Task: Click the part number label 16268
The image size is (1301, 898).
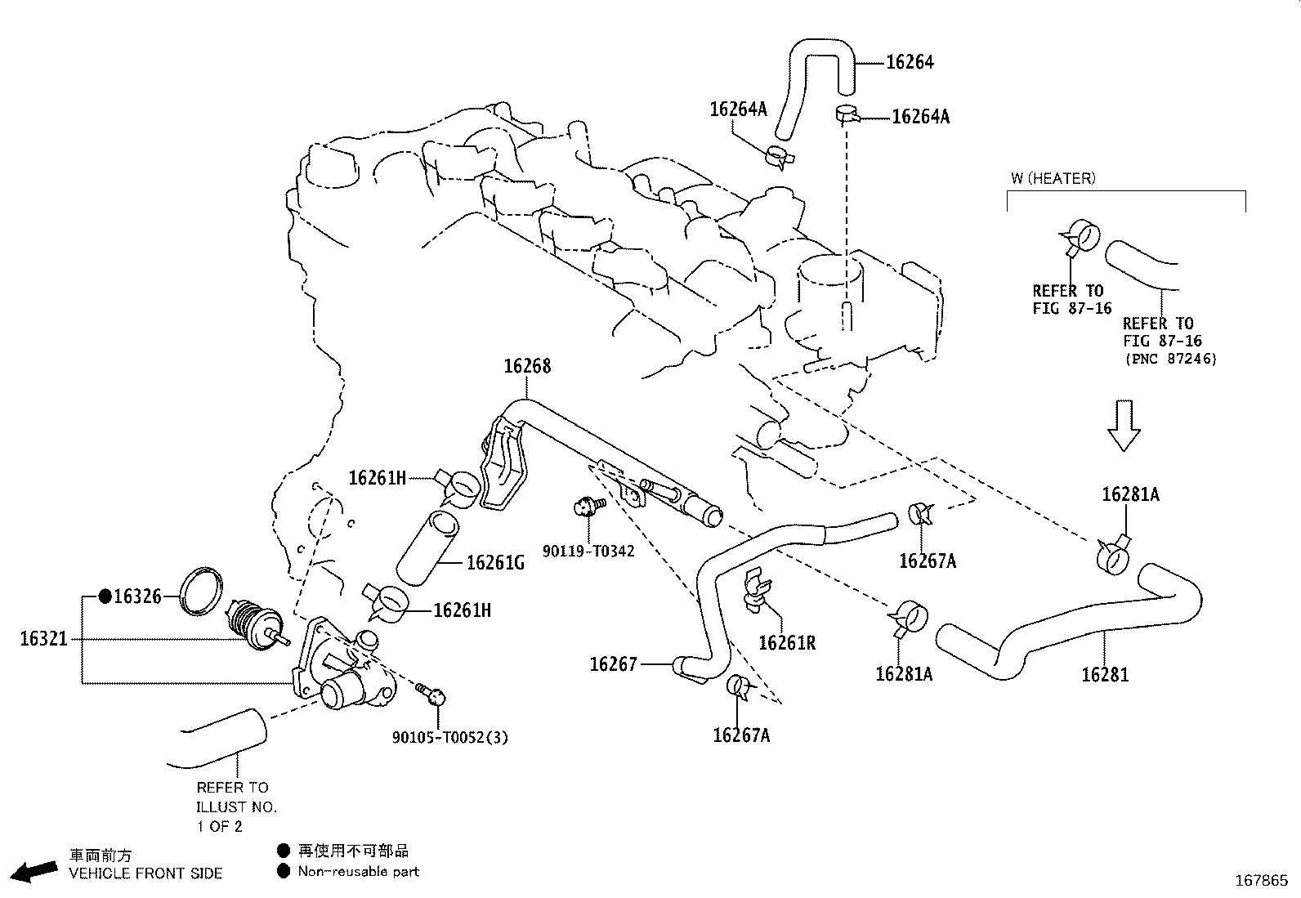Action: point(527,366)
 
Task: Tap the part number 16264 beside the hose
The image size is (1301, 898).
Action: point(910,62)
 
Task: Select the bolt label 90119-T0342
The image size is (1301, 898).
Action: point(588,552)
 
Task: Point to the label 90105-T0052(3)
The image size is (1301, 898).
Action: point(449,737)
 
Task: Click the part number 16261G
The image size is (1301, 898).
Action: point(495,563)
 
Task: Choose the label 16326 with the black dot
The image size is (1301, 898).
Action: point(137,596)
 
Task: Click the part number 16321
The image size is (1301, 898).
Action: point(44,638)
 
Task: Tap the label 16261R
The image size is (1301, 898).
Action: point(787,643)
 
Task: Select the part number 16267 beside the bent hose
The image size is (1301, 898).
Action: point(613,665)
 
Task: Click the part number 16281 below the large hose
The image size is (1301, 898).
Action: point(1105,675)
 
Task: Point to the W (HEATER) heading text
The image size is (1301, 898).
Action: point(1053,178)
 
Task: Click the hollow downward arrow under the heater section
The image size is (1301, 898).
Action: point(1124,425)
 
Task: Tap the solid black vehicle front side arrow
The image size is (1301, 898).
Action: point(36,872)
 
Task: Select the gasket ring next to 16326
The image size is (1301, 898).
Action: point(201,588)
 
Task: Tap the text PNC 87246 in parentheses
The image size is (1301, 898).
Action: point(1170,359)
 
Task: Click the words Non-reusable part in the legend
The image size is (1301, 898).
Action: point(358,872)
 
